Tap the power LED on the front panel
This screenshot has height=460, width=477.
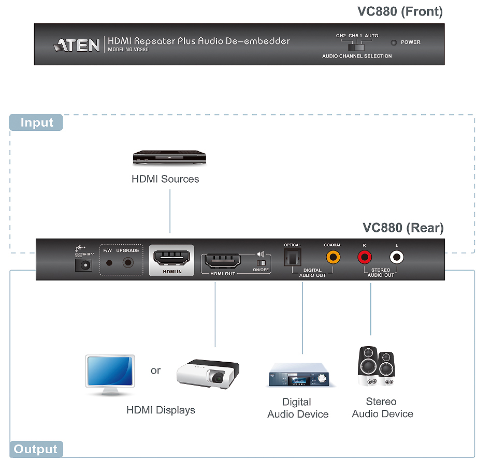tap(394, 42)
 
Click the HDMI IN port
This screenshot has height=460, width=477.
tap(171, 258)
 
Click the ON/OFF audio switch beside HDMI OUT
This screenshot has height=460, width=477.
tap(261, 263)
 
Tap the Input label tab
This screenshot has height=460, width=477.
tap(36, 123)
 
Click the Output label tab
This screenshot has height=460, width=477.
tap(36, 449)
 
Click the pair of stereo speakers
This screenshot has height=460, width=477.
tap(377, 367)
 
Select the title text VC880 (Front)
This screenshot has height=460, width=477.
tap(400, 12)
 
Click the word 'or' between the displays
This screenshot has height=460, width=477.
tap(155, 370)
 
